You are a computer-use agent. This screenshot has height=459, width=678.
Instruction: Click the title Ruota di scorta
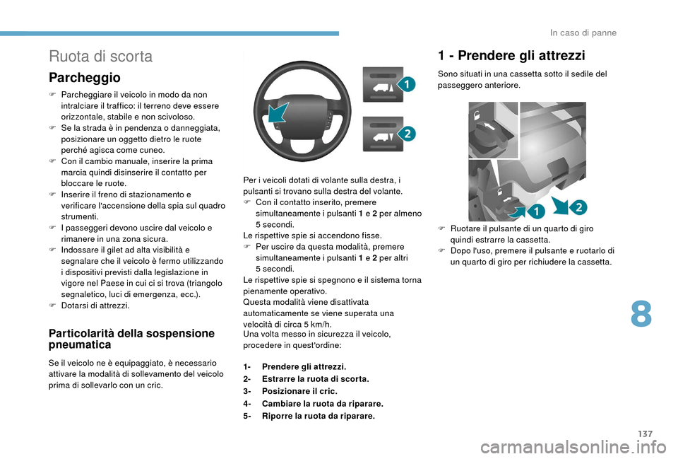pos(100,56)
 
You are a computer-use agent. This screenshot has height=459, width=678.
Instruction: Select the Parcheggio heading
pos(84,77)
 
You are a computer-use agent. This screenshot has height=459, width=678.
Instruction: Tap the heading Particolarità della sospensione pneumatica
pos(131,339)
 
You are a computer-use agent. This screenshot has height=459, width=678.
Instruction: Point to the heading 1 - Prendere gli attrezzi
pos(511,55)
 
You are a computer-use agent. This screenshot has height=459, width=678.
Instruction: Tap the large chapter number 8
pos(641,314)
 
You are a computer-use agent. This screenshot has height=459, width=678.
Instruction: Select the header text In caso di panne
pos(582,33)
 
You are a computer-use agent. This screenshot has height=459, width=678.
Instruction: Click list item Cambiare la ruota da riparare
pos(323,404)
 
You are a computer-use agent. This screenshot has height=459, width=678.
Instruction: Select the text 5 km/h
pos(316,324)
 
